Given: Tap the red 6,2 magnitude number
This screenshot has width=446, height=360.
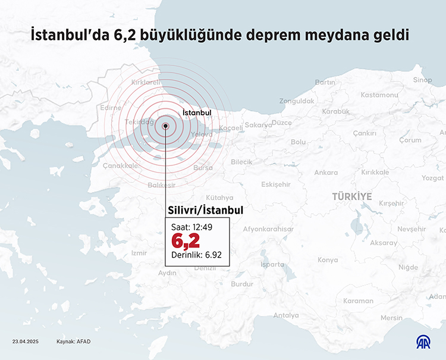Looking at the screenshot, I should [186, 241].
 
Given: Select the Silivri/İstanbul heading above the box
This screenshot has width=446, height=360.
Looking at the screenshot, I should [206, 211].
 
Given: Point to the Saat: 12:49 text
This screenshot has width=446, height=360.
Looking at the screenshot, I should [191, 227].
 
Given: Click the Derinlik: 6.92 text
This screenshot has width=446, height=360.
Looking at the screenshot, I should [196, 255].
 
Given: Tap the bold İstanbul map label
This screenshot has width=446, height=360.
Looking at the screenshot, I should [197, 112].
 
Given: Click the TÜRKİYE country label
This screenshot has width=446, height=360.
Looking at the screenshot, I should [352, 196].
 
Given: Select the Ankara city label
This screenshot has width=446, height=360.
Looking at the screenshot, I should [326, 173].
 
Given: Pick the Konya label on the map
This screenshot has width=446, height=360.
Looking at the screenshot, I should [328, 260].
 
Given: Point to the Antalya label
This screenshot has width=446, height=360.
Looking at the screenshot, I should [286, 315].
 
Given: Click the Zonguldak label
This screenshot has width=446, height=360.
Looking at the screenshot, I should [296, 101].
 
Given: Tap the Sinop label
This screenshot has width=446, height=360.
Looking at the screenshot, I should [422, 80].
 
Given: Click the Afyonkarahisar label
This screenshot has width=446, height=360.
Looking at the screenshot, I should [268, 229].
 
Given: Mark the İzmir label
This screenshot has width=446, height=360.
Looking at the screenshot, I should [139, 253].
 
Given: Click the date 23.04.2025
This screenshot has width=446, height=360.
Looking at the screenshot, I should [25, 342].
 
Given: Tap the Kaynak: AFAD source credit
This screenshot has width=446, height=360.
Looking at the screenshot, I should [73, 342].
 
